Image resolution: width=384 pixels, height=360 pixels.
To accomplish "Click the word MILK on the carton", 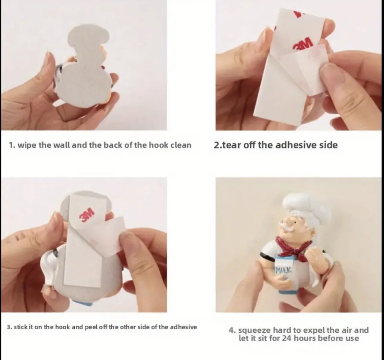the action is pyautogui.click(x=284, y=270).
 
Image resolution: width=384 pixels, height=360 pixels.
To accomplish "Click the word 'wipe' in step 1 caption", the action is pyautogui.click(x=27, y=145).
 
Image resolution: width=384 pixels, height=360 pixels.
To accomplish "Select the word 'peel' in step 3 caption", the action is pyautogui.click(x=90, y=327).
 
